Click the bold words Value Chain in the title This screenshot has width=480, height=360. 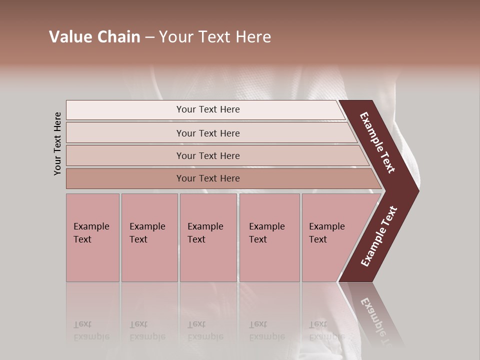coord(94,37)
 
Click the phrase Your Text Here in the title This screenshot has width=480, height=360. coord(215,37)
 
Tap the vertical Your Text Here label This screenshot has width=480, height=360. coord(57,143)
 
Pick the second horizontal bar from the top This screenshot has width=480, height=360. coord(207,133)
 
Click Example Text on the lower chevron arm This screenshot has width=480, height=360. coord(379,236)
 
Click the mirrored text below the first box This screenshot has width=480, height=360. coord(91,330)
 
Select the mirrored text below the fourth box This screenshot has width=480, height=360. coord(266,330)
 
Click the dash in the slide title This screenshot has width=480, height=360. coord(149,37)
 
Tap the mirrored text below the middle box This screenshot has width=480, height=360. coord(205,330)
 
